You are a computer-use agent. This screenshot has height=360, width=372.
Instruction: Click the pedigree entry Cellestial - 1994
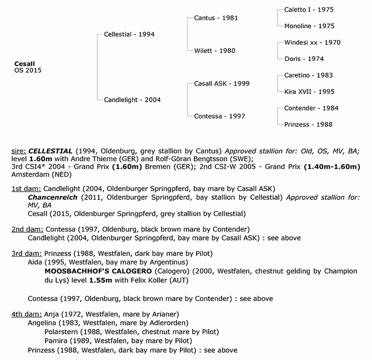pos(129,34)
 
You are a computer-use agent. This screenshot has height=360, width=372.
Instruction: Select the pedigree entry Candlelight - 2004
pos(132,100)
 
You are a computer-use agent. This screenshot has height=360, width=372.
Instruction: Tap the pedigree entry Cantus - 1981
pos(216,18)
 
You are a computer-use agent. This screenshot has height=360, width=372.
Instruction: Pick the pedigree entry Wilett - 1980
pos(214,51)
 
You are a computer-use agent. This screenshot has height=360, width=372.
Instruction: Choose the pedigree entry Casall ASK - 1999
pos(222,83)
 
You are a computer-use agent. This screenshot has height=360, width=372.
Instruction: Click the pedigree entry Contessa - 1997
pos(219,116)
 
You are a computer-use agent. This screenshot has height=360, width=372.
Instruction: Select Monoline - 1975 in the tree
pos(309,26)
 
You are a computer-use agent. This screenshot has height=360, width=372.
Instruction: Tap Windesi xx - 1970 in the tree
pos(312,42)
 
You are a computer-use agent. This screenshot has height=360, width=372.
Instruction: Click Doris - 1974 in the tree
pos(304,59)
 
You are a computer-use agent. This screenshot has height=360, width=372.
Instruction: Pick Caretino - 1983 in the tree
pos(309,75)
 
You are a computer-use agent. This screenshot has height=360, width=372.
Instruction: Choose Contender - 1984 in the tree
pos(311,108)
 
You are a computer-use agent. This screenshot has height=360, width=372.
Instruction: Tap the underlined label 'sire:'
pos(18,151)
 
